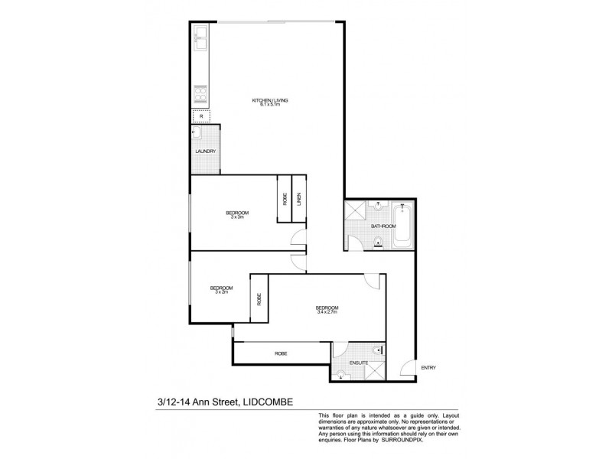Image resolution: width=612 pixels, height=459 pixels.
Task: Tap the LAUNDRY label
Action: [x=205, y=151]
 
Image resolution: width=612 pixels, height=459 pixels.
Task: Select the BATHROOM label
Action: [x=382, y=226]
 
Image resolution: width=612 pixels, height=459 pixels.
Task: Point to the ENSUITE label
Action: [x=359, y=362]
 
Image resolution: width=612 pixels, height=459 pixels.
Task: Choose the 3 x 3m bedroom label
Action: [x=237, y=214]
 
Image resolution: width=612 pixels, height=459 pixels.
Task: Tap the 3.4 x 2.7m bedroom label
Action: [x=327, y=310]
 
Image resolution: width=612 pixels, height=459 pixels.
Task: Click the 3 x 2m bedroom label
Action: [x=222, y=290]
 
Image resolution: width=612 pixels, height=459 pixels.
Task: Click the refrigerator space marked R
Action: [x=201, y=116]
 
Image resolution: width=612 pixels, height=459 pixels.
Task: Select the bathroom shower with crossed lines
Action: [x=355, y=212]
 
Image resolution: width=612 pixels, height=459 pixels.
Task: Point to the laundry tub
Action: [x=197, y=133]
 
